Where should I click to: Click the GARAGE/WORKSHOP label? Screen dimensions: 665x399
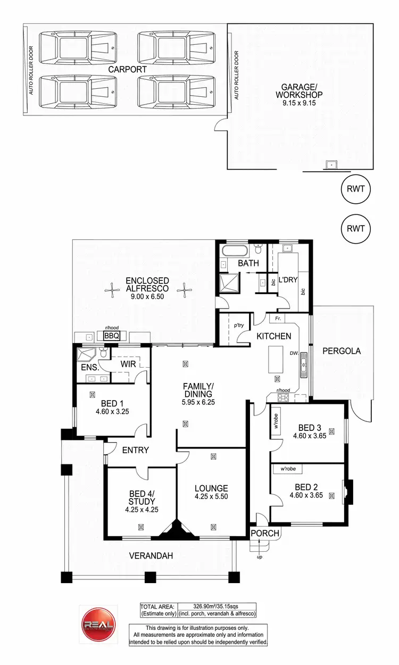pyautogui.click(x=299, y=90)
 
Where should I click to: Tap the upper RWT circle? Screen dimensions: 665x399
pyautogui.click(x=355, y=188)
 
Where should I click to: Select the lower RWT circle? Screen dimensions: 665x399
pyautogui.click(x=355, y=229)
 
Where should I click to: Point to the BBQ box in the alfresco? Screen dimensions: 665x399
pyautogui.click(x=111, y=336)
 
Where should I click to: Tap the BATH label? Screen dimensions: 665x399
pyautogui.click(x=248, y=263)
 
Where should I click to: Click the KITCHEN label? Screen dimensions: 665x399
pyautogui.click(x=273, y=336)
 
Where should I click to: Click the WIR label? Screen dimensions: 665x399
pyautogui.click(x=128, y=364)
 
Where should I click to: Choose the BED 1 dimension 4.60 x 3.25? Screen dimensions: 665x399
pyautogui.click(x=112, y=411)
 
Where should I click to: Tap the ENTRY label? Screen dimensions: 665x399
pyautogui.click(x=135, y=450)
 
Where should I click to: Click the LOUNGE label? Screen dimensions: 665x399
pyautogui.click(x=211, y=488)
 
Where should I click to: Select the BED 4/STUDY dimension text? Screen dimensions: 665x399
pyautogui.click(x=142, y=509)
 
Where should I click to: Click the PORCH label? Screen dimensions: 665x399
pyautogui.click(x=262, y=534)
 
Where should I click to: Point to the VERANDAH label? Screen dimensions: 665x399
pyautogui.click(x=151, y=556)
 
